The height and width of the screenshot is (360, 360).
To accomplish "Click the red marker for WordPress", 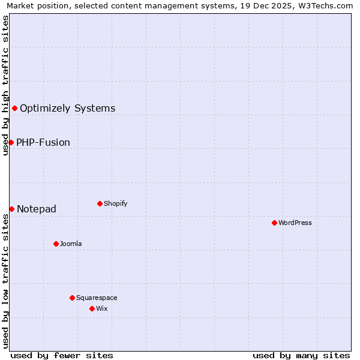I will (274, 223).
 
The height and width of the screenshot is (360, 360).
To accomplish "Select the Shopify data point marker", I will (100, 203).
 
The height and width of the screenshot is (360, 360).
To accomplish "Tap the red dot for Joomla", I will (56, 244).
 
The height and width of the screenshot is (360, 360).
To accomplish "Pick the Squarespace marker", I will (72, 298).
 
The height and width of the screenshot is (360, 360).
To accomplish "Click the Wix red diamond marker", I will (92, 308).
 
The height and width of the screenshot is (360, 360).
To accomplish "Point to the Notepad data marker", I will (11, 209).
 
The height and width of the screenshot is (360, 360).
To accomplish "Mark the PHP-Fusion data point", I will (11, 142).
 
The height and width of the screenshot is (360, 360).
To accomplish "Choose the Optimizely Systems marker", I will (14, 108).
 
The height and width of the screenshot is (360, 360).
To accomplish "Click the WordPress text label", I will (295, 223).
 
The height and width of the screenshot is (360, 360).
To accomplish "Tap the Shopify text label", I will (116, 203).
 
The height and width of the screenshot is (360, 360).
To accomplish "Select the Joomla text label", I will (71, 244).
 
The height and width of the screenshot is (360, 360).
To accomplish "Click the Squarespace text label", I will (97, 298).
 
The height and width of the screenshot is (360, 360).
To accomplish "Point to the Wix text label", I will (101, 308).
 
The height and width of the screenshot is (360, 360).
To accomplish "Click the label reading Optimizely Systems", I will (68, 109).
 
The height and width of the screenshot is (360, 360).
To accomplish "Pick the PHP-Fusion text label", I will (43, 143).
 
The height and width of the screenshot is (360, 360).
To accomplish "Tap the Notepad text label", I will (37, 209).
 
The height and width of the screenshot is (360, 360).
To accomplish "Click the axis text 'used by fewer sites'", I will (62, 355).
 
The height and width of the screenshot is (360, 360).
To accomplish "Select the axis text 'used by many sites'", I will (301, 355).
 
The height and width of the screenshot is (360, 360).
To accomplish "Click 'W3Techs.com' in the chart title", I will (326, 5).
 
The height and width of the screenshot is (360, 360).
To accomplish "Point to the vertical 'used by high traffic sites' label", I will (5, 85).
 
